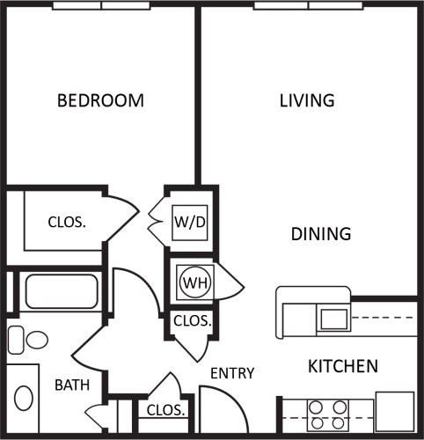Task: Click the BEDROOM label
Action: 100,100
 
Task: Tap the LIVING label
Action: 307,100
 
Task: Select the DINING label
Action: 321,234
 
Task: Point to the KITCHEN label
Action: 343,365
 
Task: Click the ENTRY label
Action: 233,373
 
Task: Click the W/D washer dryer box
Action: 190,222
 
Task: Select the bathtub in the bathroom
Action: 61,291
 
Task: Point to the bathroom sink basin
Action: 25,400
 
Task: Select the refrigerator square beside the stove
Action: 394,409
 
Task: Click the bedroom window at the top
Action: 101,5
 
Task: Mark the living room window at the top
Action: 308,5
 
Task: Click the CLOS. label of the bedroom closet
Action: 67,222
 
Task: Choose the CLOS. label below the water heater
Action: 192,321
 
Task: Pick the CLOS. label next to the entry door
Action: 164,410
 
